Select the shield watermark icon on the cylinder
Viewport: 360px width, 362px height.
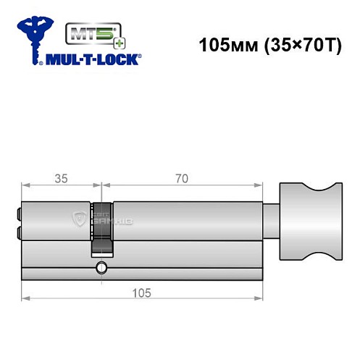tap(80, 220)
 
